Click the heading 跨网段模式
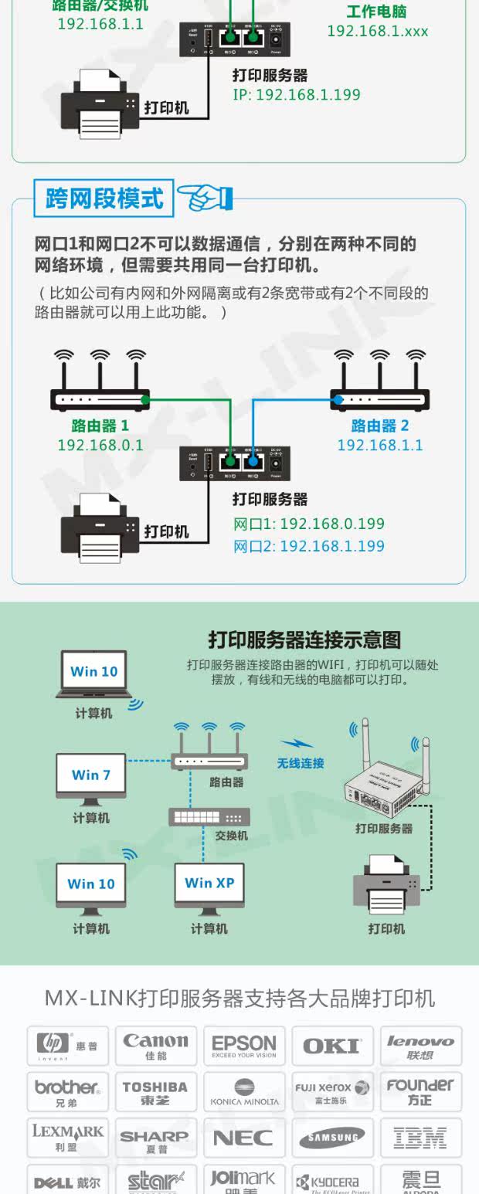tap(104, 198)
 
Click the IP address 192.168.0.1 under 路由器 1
tap(100, 446)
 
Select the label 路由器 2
tap(380, 426)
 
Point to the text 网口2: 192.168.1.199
tap(309, 546)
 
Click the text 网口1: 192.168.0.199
tap(309, 524)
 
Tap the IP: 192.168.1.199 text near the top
tap(297, 95)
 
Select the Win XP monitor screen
tap(209, 884)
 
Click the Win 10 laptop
tap(94, 673)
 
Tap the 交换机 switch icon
tap(209, 816)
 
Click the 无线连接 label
tap(301, 763)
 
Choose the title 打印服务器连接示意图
tap(304, 640)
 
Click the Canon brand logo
tap(156, 1046)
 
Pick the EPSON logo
tap(244, 1046)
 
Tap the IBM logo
tap(420, 1138)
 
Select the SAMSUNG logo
tap(332, 1138)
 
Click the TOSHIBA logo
tap(155, 1092)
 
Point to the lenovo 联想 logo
tap(420, 1046)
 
